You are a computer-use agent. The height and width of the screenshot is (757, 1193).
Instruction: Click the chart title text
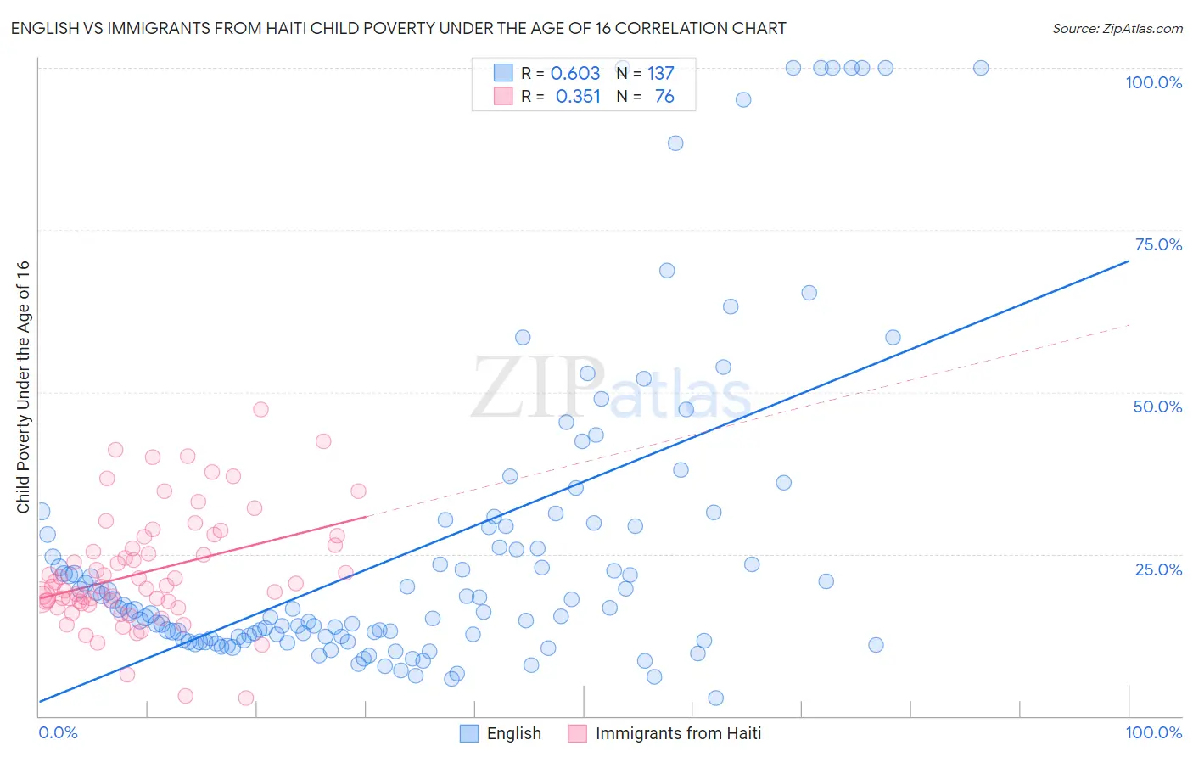click(x=398, y=28)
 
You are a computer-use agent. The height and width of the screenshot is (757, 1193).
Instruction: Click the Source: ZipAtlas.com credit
click(x=1117, y=28)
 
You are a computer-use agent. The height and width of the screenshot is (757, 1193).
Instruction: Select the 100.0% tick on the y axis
click(x=1153, y=82)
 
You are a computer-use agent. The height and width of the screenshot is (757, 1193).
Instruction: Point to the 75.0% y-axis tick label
click(x=1158, y=244)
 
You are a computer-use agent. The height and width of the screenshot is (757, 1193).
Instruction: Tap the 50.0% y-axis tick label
click(x=1157, y=407)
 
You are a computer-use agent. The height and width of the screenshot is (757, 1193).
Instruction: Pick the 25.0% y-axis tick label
click(x=1158, y=569)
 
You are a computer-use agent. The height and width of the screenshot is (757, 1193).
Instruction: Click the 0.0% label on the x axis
click(x=58, y=732)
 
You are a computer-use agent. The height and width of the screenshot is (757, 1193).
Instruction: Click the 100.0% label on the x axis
click(x=1153, y=732)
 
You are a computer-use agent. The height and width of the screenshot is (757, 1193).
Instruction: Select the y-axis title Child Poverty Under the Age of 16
click(x=23, y=386)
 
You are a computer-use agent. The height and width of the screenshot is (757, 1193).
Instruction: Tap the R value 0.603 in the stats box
click(x=575, y=73)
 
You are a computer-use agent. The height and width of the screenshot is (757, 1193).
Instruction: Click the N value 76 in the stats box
click(x=664, y=97)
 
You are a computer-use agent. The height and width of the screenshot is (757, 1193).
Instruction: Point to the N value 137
click(x=660, y=73)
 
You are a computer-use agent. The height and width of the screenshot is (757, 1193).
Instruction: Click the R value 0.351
click(x=578, y=97)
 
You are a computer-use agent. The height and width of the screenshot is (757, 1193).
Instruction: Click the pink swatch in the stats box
click(x=503, y=96)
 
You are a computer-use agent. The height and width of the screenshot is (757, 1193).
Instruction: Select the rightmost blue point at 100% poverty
click(x=981, y=68)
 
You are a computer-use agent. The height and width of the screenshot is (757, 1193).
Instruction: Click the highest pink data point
click(x=260, y=409)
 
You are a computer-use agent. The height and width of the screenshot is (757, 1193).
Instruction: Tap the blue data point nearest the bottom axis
click(x=715, y=698)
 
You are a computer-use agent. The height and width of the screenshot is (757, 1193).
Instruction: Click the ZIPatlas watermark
click(x=611, y=388)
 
